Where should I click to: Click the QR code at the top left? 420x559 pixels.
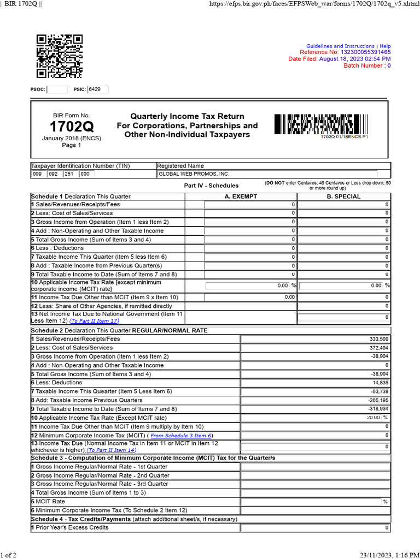point(59,56)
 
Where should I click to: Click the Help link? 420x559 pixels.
point(385,46)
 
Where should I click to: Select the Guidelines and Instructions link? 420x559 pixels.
point(340,46)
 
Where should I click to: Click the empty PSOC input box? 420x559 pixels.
point(57,90)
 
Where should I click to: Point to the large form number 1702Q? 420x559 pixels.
point(72,127)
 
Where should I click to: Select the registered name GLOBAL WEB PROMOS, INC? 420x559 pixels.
point(194,174)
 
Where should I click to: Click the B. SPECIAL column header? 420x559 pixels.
point(343,196)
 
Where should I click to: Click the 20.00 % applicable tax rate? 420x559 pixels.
point(375,418)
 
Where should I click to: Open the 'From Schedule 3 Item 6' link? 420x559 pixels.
point(181,435)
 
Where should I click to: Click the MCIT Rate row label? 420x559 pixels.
point(48,501)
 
